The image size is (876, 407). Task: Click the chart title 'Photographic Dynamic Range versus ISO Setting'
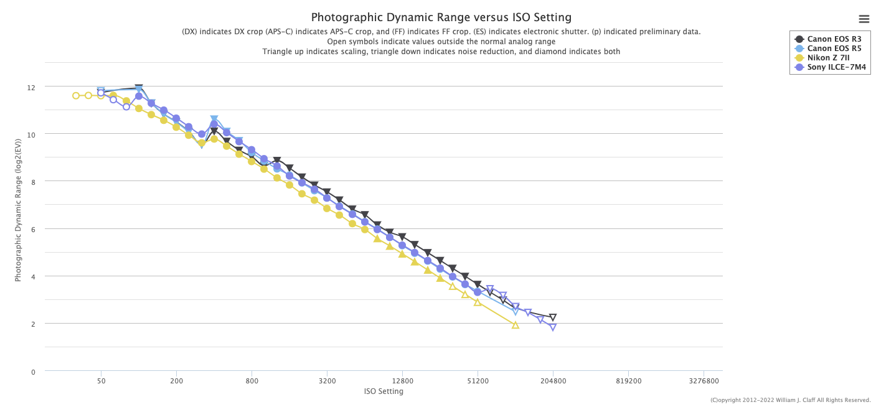click(441, 17)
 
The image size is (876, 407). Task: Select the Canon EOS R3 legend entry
click(829, 39)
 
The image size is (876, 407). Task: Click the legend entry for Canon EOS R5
click(829, 49)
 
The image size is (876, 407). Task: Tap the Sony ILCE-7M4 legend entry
click(831, 67)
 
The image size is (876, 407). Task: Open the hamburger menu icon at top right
click(864, 19)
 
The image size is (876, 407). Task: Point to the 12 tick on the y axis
click(31, 88)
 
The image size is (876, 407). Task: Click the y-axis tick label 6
click(33, 230)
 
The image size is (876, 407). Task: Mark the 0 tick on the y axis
click(33, 372)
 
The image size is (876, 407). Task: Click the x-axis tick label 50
click(101, 381)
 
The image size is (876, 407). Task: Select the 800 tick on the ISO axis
click(252, 381)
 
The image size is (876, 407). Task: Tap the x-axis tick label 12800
click(402, 381)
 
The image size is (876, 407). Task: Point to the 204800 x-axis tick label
click(553, 381)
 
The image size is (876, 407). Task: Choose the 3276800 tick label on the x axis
click(704, 381)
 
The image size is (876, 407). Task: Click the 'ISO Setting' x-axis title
click(384, 391)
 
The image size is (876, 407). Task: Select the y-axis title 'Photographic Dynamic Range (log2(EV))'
click(18, 210)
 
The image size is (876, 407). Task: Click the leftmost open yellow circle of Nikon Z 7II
click(76, 96)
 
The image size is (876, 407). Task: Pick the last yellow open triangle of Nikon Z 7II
click(516, 325)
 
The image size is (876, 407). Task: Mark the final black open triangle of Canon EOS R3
click(553, 317)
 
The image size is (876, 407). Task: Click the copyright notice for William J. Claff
click(790, 400)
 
